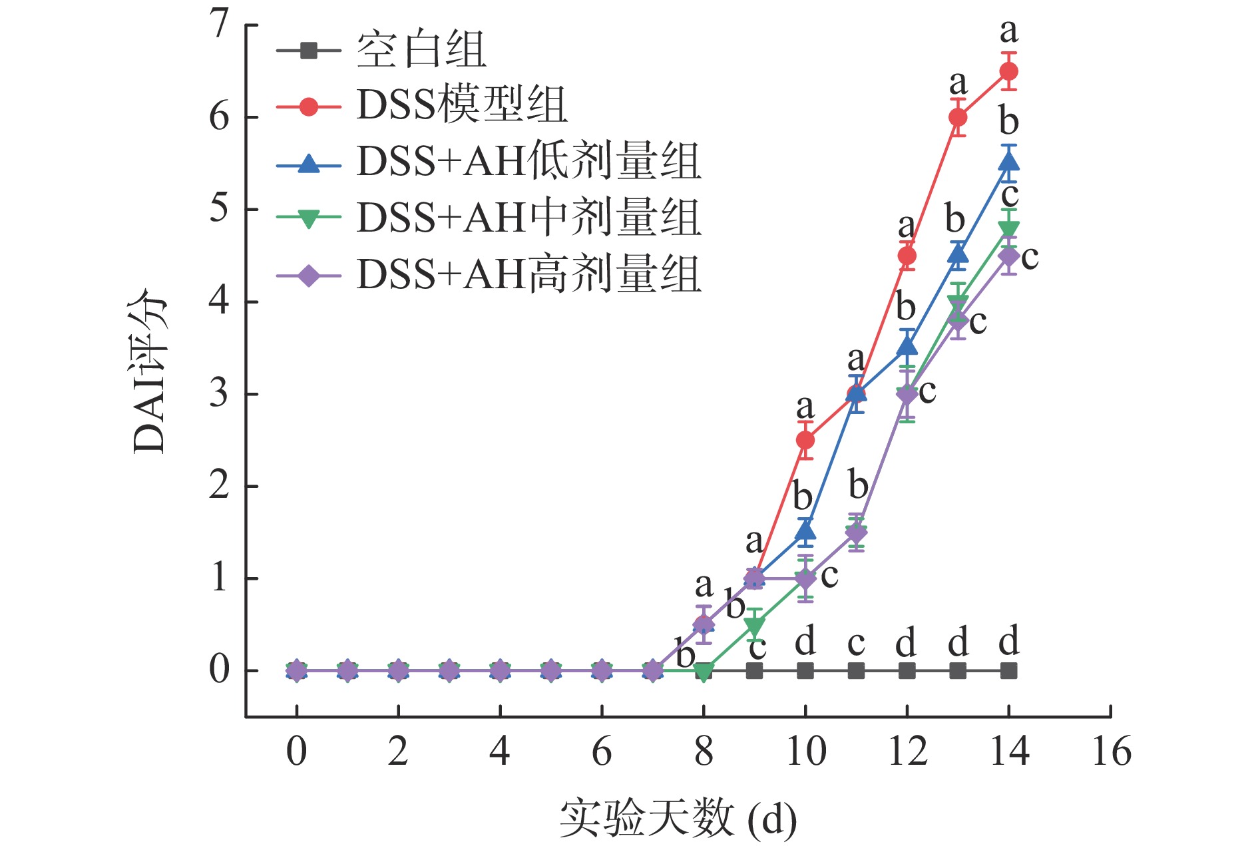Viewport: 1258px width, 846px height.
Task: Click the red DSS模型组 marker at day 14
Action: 1008,71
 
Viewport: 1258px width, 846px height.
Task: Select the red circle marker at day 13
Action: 958,118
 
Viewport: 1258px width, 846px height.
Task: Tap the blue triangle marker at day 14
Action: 1008,162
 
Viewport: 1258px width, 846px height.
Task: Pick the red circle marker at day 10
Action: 805,440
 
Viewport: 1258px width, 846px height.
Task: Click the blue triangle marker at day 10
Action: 805,531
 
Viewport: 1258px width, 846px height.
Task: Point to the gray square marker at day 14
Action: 1008,670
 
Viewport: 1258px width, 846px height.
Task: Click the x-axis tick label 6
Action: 602,752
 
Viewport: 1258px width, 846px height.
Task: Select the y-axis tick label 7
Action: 219,25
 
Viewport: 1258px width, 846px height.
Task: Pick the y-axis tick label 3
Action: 219,394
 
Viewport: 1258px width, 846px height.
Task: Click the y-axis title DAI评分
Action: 149,373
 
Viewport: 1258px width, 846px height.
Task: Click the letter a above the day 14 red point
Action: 1009,31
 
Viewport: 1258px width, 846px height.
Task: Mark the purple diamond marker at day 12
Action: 907,395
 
